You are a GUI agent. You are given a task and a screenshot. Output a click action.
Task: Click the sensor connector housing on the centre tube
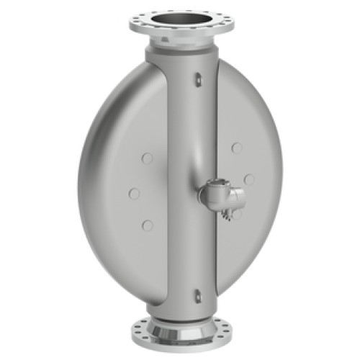219,192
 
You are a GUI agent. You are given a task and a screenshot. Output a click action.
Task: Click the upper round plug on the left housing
147,158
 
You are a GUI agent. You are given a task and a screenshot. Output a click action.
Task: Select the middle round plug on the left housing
133,193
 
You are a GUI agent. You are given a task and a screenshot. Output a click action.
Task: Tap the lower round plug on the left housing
148,225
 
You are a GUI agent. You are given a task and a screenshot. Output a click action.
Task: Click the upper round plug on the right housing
236,148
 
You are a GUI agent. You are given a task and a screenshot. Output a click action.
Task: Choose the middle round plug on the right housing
249,179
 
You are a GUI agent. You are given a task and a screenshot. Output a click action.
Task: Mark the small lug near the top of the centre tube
196,81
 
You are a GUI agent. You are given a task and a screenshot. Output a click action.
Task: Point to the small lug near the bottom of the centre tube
198,293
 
